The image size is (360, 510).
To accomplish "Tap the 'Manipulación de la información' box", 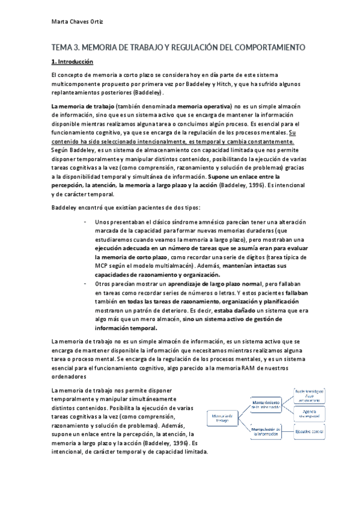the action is click(264, 431).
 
